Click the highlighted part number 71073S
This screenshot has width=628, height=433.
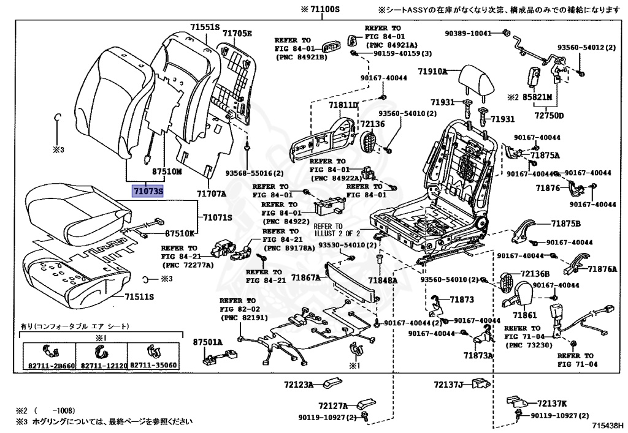tap(148, 192)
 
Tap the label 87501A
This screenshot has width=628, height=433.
tap(207, 342)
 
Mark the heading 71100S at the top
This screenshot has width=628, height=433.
tap(320, 10)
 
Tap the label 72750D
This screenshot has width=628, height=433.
tap(548, 115)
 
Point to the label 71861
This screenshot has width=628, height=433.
tap(524, 315)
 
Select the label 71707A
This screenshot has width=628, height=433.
tap(212, 194)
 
